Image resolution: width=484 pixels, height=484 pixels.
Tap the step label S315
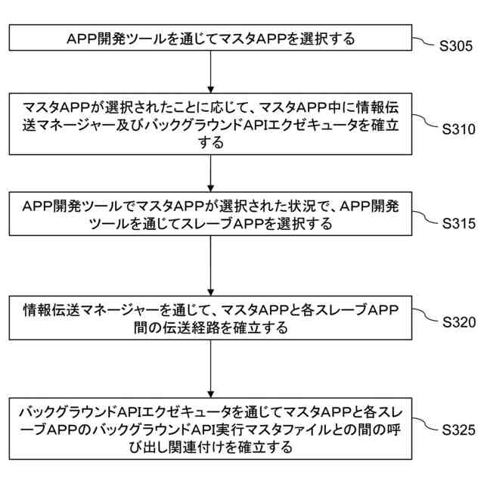(x=457, y=224)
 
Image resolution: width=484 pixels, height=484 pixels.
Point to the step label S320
(x=457, y=322)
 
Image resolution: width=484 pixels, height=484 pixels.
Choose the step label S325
(x=457, y=430)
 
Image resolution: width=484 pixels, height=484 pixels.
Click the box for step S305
(x=209, y=38)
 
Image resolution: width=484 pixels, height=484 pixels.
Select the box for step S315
(x=209, y=215)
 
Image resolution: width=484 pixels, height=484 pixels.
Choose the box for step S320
(x=209, y=318)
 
